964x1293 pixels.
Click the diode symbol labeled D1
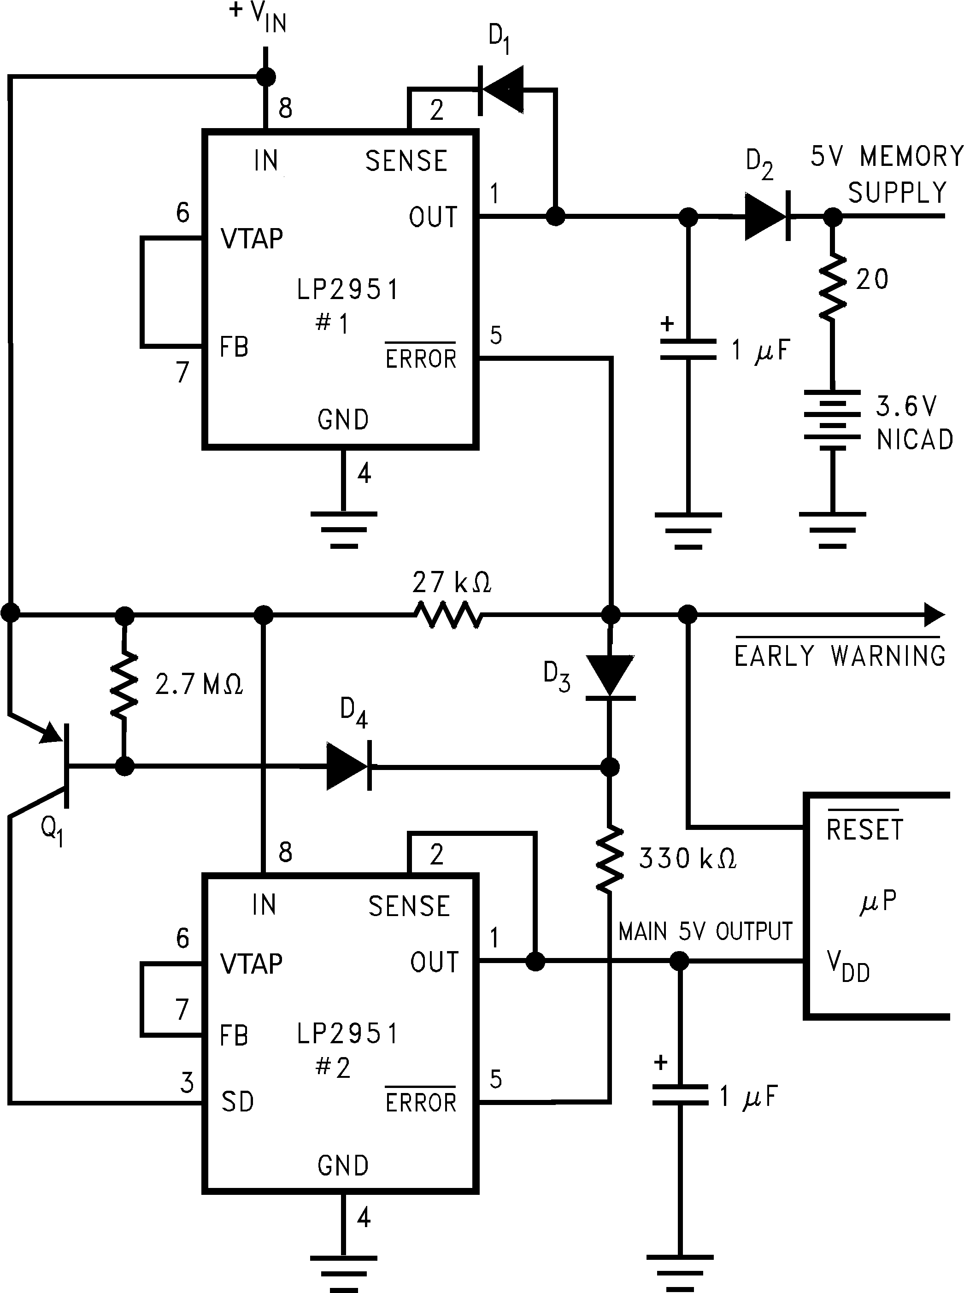point(501,90)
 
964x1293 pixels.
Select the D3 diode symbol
point(610,676)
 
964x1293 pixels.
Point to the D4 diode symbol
point(349,766)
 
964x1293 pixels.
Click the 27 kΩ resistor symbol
point(448,614)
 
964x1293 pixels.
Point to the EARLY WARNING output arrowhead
point(935,614)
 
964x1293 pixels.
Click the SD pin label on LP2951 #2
point(237,1102)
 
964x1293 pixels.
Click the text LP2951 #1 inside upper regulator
point(347,305)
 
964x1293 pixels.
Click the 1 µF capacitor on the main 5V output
point(679,1096)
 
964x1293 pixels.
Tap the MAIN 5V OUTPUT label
point(705,932)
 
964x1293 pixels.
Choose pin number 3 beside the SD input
point(187,1082)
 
